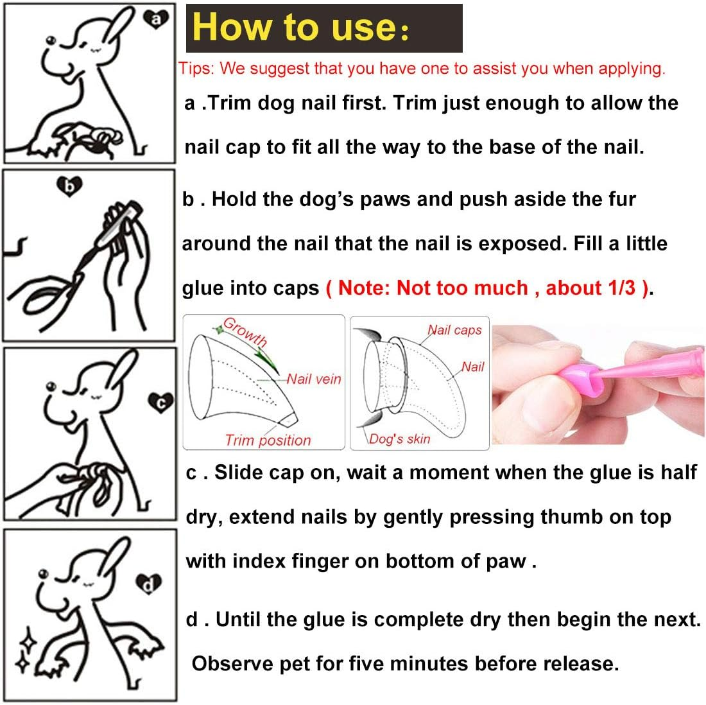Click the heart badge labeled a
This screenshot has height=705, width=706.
point(156,19)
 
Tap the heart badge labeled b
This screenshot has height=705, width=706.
point(69,186)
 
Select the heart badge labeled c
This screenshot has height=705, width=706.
point(160,403)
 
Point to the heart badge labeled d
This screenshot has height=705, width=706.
point(149,584)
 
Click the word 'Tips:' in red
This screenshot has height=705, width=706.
point(196,69)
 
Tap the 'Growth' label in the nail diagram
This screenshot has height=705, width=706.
point(246,331)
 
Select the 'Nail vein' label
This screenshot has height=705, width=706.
point(314,379)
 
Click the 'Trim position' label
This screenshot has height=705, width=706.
point(268,440)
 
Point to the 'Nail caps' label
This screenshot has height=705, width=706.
point(455,330)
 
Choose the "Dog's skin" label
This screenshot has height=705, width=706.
point(399,439)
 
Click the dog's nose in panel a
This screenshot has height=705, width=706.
point(51,41)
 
